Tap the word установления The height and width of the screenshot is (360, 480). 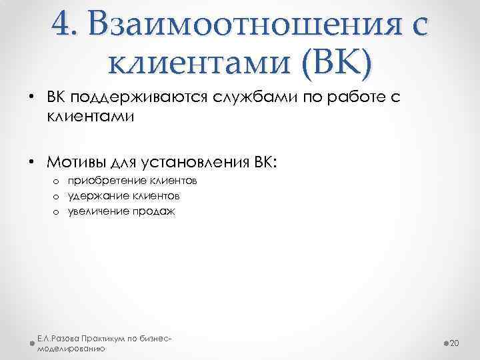coord(196,162)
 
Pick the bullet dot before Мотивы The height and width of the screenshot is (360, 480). coord(32,162)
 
